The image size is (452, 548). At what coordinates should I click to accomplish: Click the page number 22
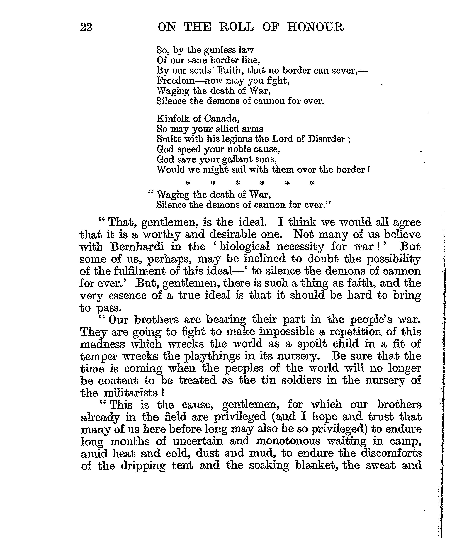(86, 27)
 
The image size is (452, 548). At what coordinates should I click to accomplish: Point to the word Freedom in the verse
(176, 81)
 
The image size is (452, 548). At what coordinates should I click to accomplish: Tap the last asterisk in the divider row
(312, 183)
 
